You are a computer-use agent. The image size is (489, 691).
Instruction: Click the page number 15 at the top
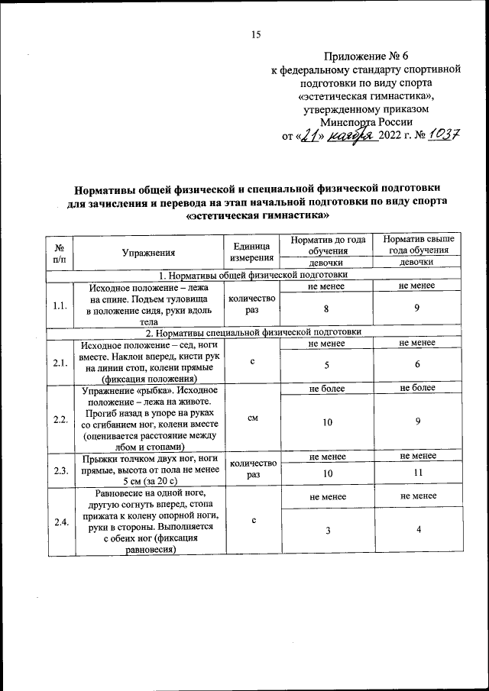coord(256,34)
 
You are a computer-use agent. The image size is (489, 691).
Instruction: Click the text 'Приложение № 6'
coord(366,56)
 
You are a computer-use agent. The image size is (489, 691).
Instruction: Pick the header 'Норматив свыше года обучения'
coord(417,245)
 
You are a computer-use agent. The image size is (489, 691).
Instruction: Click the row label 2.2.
coord(60,419)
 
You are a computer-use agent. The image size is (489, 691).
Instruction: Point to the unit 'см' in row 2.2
coord(251,419)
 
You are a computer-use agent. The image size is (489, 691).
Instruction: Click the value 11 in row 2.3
coord(417,475)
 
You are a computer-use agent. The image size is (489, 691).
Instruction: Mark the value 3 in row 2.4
coord(327,530)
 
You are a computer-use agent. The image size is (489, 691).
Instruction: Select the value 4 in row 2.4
coord(417,530)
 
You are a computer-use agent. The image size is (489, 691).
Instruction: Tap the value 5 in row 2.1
coord(327,365)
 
